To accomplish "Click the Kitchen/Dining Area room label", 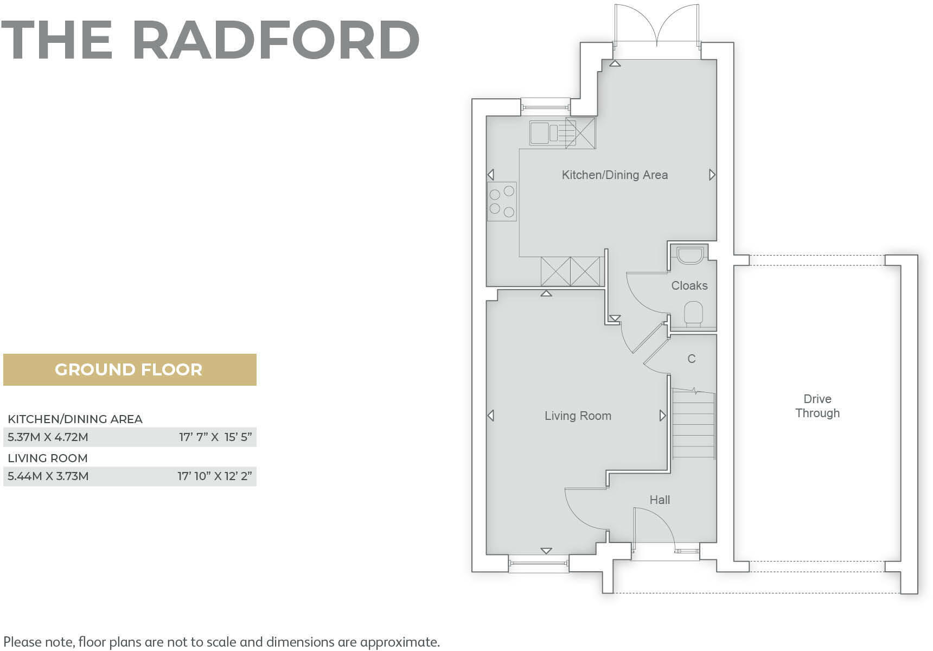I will [614, 175].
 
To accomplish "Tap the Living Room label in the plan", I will [578, 416].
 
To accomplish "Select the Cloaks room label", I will [689, 286].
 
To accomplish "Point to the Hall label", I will [660, 500].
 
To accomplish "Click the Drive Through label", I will [817, 406].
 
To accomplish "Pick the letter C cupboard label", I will [691, 359].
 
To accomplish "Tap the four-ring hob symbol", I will [502, 201].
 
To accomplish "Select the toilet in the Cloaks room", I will [693, 314].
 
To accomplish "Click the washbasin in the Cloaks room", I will [689, 254].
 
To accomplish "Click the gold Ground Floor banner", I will [129, 370].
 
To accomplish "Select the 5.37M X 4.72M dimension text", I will [48, 437].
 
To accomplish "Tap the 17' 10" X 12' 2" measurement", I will [215, 476].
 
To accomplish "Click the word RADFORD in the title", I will [276, 40].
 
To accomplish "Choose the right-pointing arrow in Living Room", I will [662, 416].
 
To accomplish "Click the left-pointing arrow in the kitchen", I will [490, 175].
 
